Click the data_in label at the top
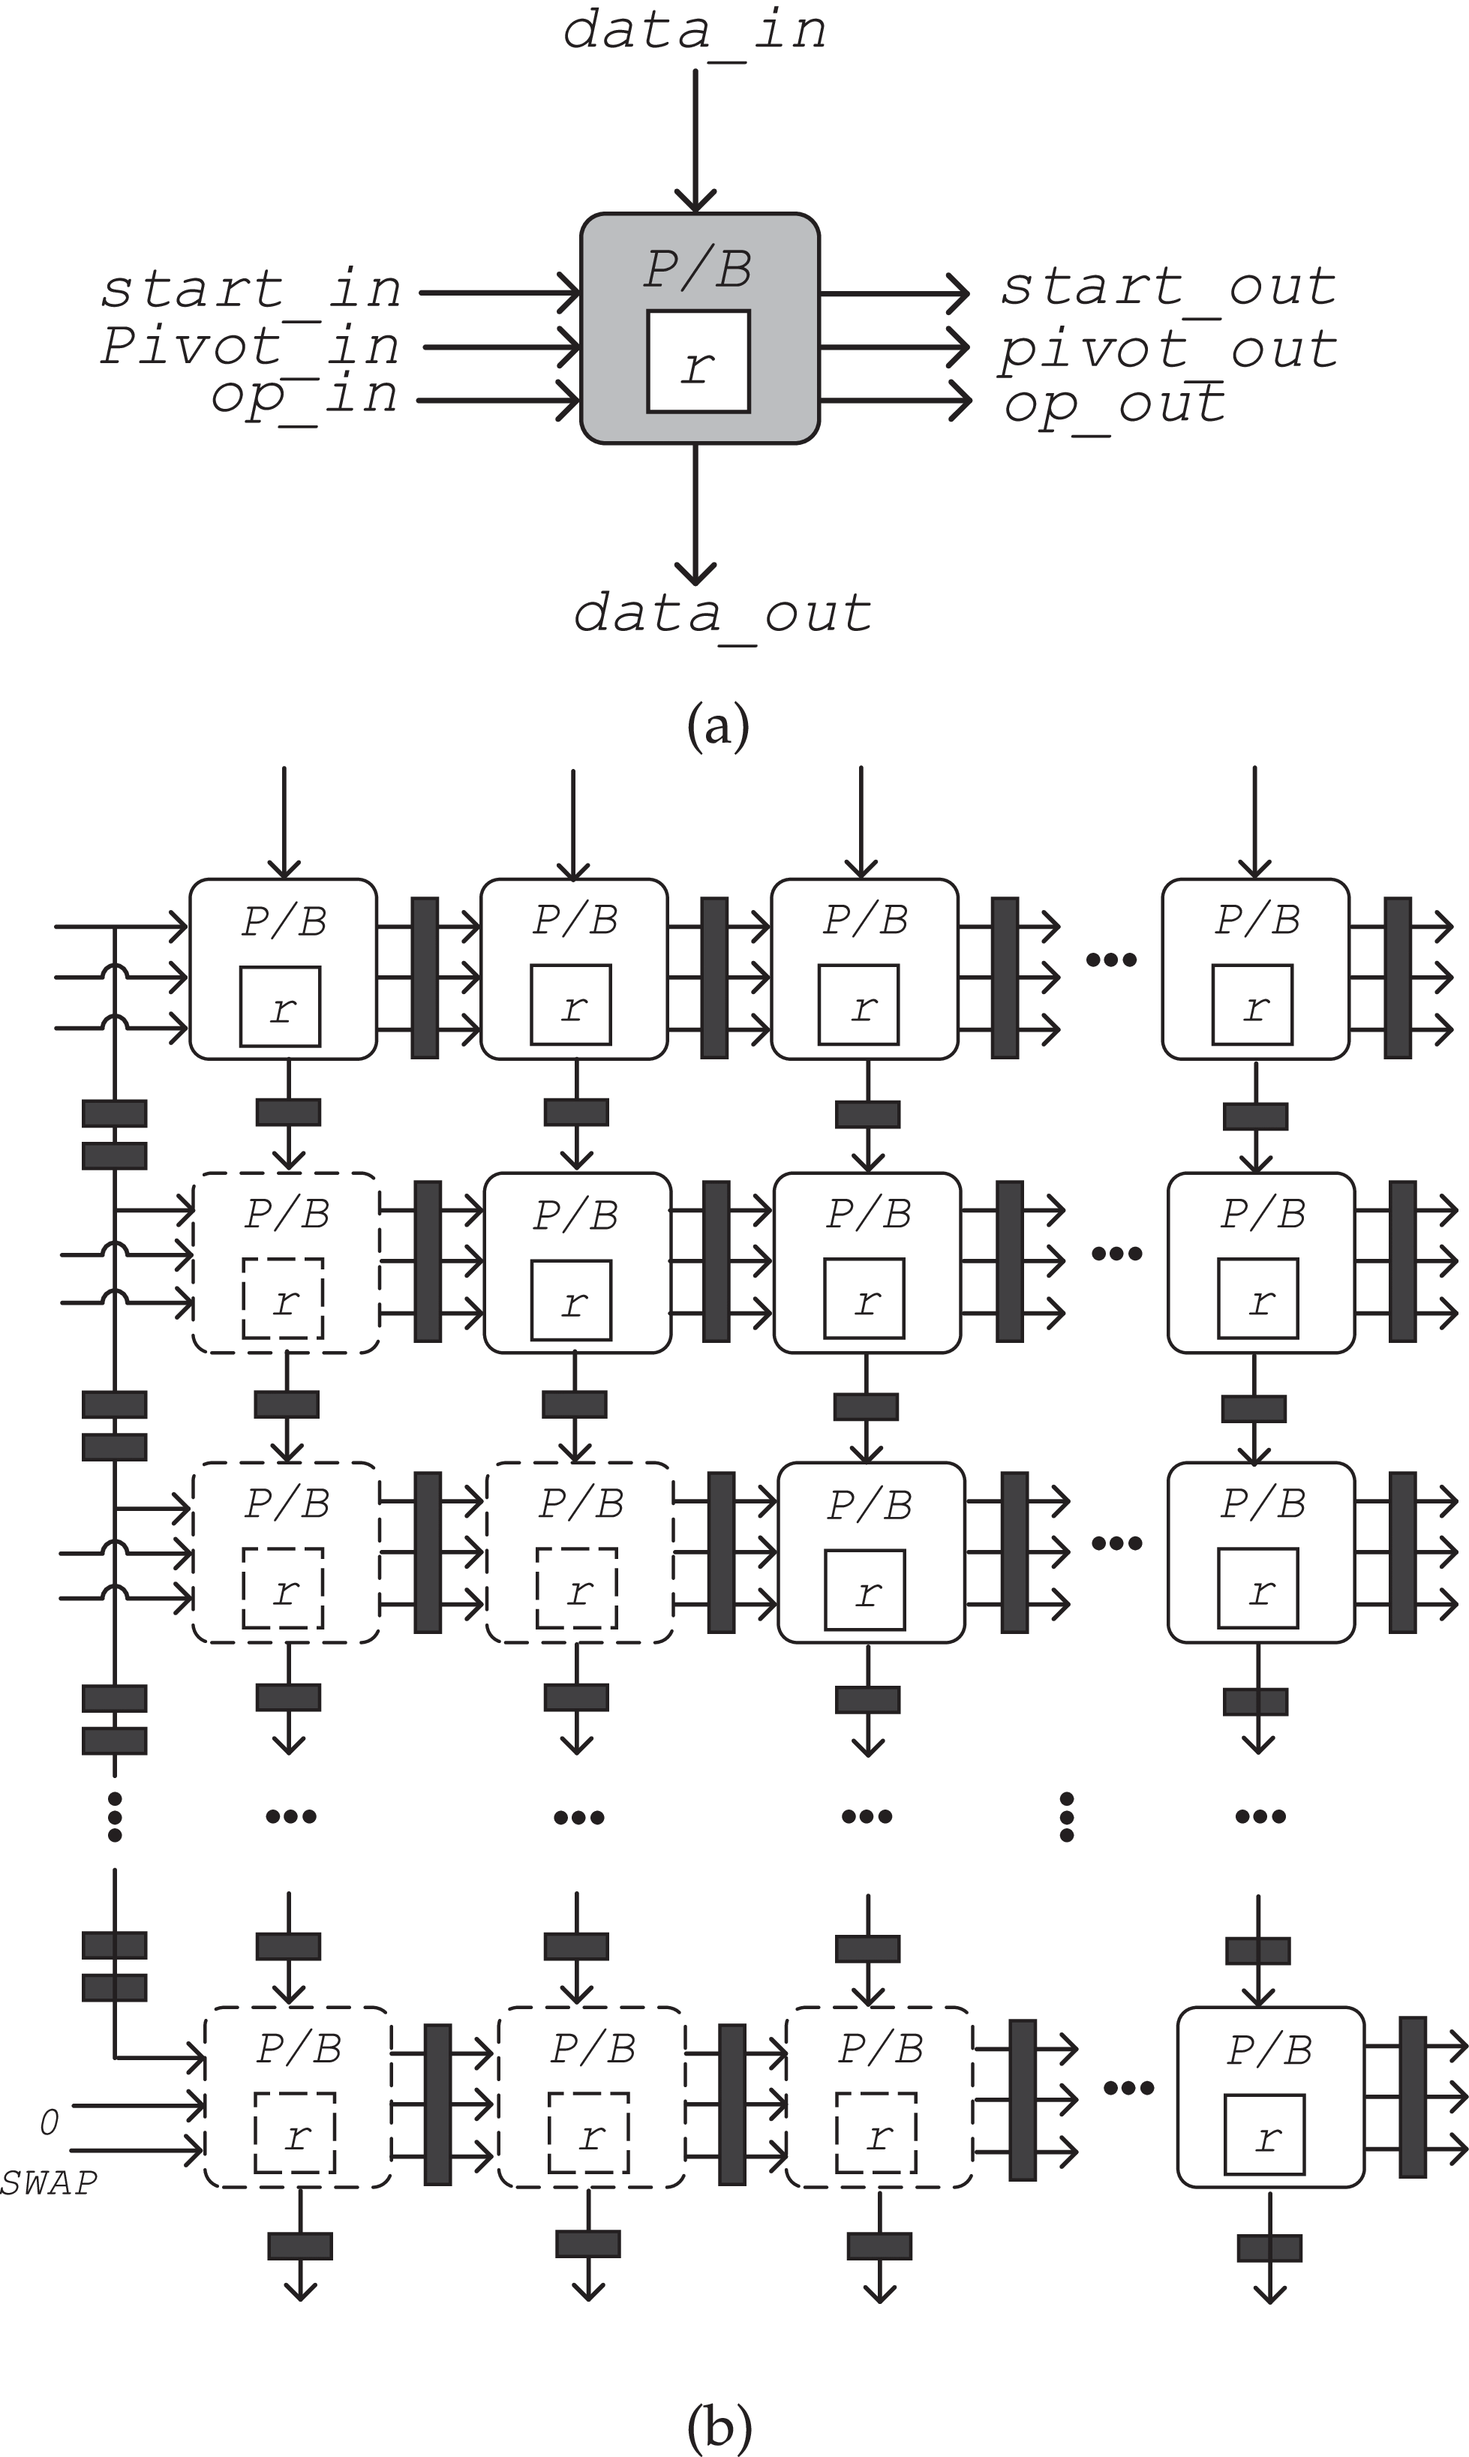[695, 31]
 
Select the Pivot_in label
[251, 347]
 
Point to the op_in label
[305, 398]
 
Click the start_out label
[1168, 288]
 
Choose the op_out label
[1116, 404]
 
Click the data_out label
[722, 614]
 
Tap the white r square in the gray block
[698, 361]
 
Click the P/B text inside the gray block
[698, 269]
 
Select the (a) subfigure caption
[719, 725]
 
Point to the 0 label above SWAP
[49, 2122]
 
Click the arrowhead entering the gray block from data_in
[696, 201]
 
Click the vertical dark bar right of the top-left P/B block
[425, 978]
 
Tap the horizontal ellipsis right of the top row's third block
[1110, 959]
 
